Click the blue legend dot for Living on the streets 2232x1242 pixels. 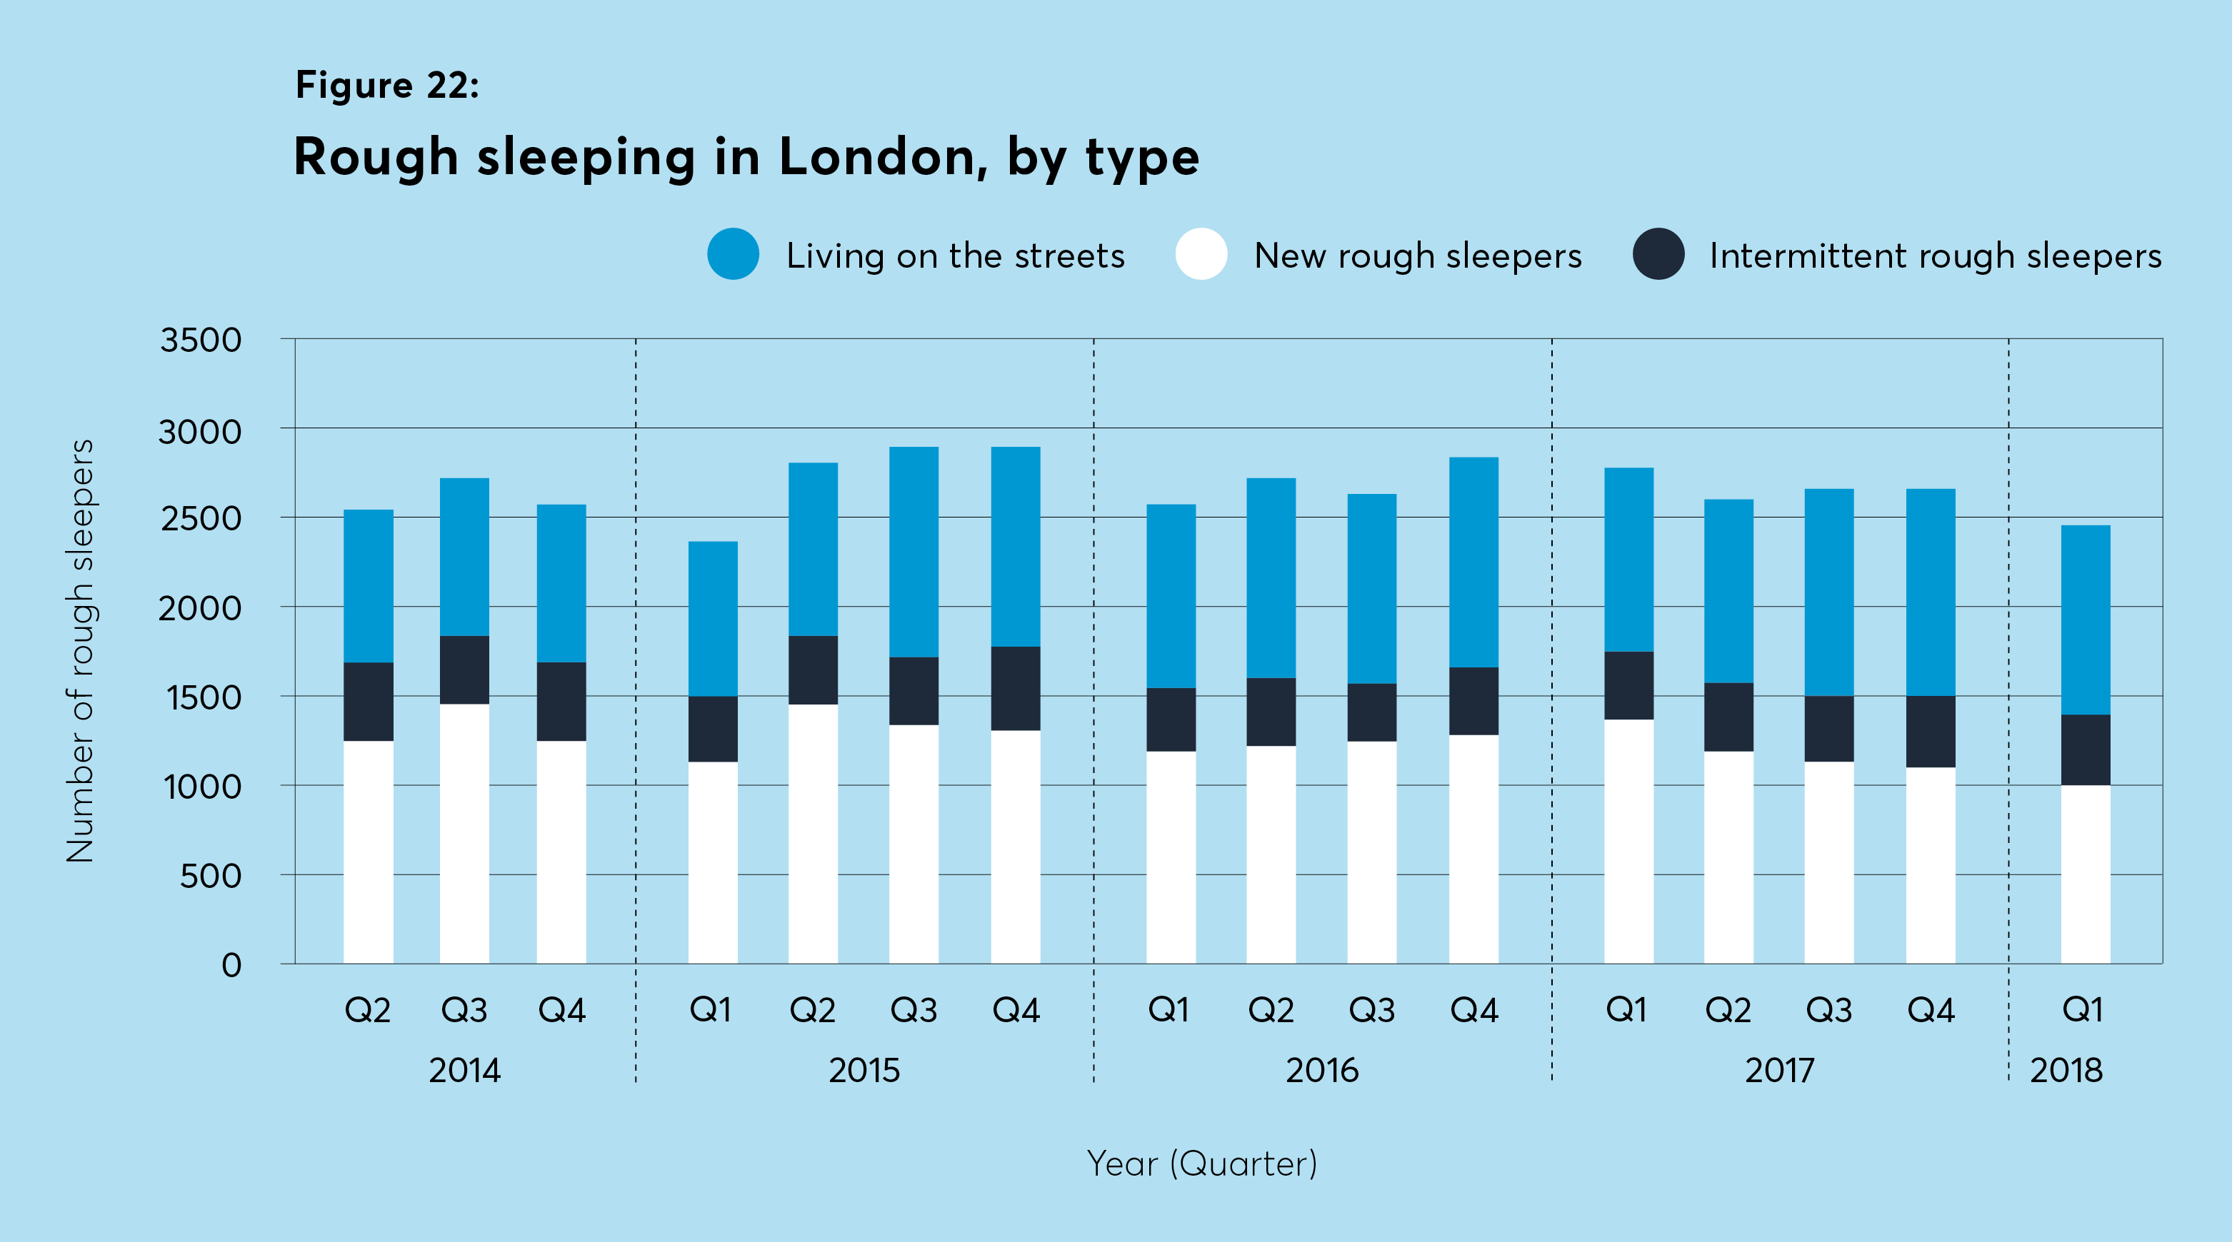[x=733, y=254]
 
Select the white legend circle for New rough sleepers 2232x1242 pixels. [x=1201, y=254]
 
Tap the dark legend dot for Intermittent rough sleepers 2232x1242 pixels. [x=1658, y=254]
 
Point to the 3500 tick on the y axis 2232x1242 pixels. [x=200, y=340]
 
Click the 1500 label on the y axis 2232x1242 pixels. [x=203, y=697]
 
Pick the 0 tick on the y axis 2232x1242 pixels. [x=231, y=965]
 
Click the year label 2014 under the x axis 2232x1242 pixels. [x=464, y=1071]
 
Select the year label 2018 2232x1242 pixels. [x=2066, y=1071]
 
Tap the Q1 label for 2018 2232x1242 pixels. [x=2082, y=1010]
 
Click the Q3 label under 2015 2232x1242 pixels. [x=914, y=1010]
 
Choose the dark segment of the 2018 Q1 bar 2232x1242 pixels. [x=2085, y=749]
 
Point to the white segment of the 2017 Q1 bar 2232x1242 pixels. [x=1628, y=840]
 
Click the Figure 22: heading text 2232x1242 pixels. [x=386, y=85]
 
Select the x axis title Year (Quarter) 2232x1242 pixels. [x=1202, y=1163]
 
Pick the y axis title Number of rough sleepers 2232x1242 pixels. [x=81, y=650]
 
